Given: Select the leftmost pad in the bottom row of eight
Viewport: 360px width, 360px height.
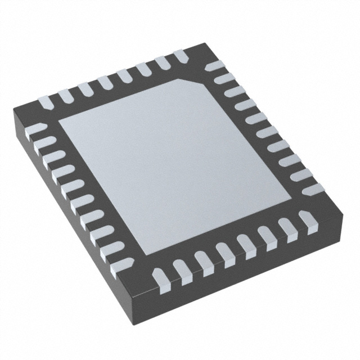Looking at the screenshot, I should [160, 275].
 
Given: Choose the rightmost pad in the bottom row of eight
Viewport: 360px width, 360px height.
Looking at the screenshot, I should [307, 221].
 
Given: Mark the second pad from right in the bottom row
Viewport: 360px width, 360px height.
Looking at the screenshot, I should [287, 228].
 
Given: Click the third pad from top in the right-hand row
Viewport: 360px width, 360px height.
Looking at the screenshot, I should [233, 92].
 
